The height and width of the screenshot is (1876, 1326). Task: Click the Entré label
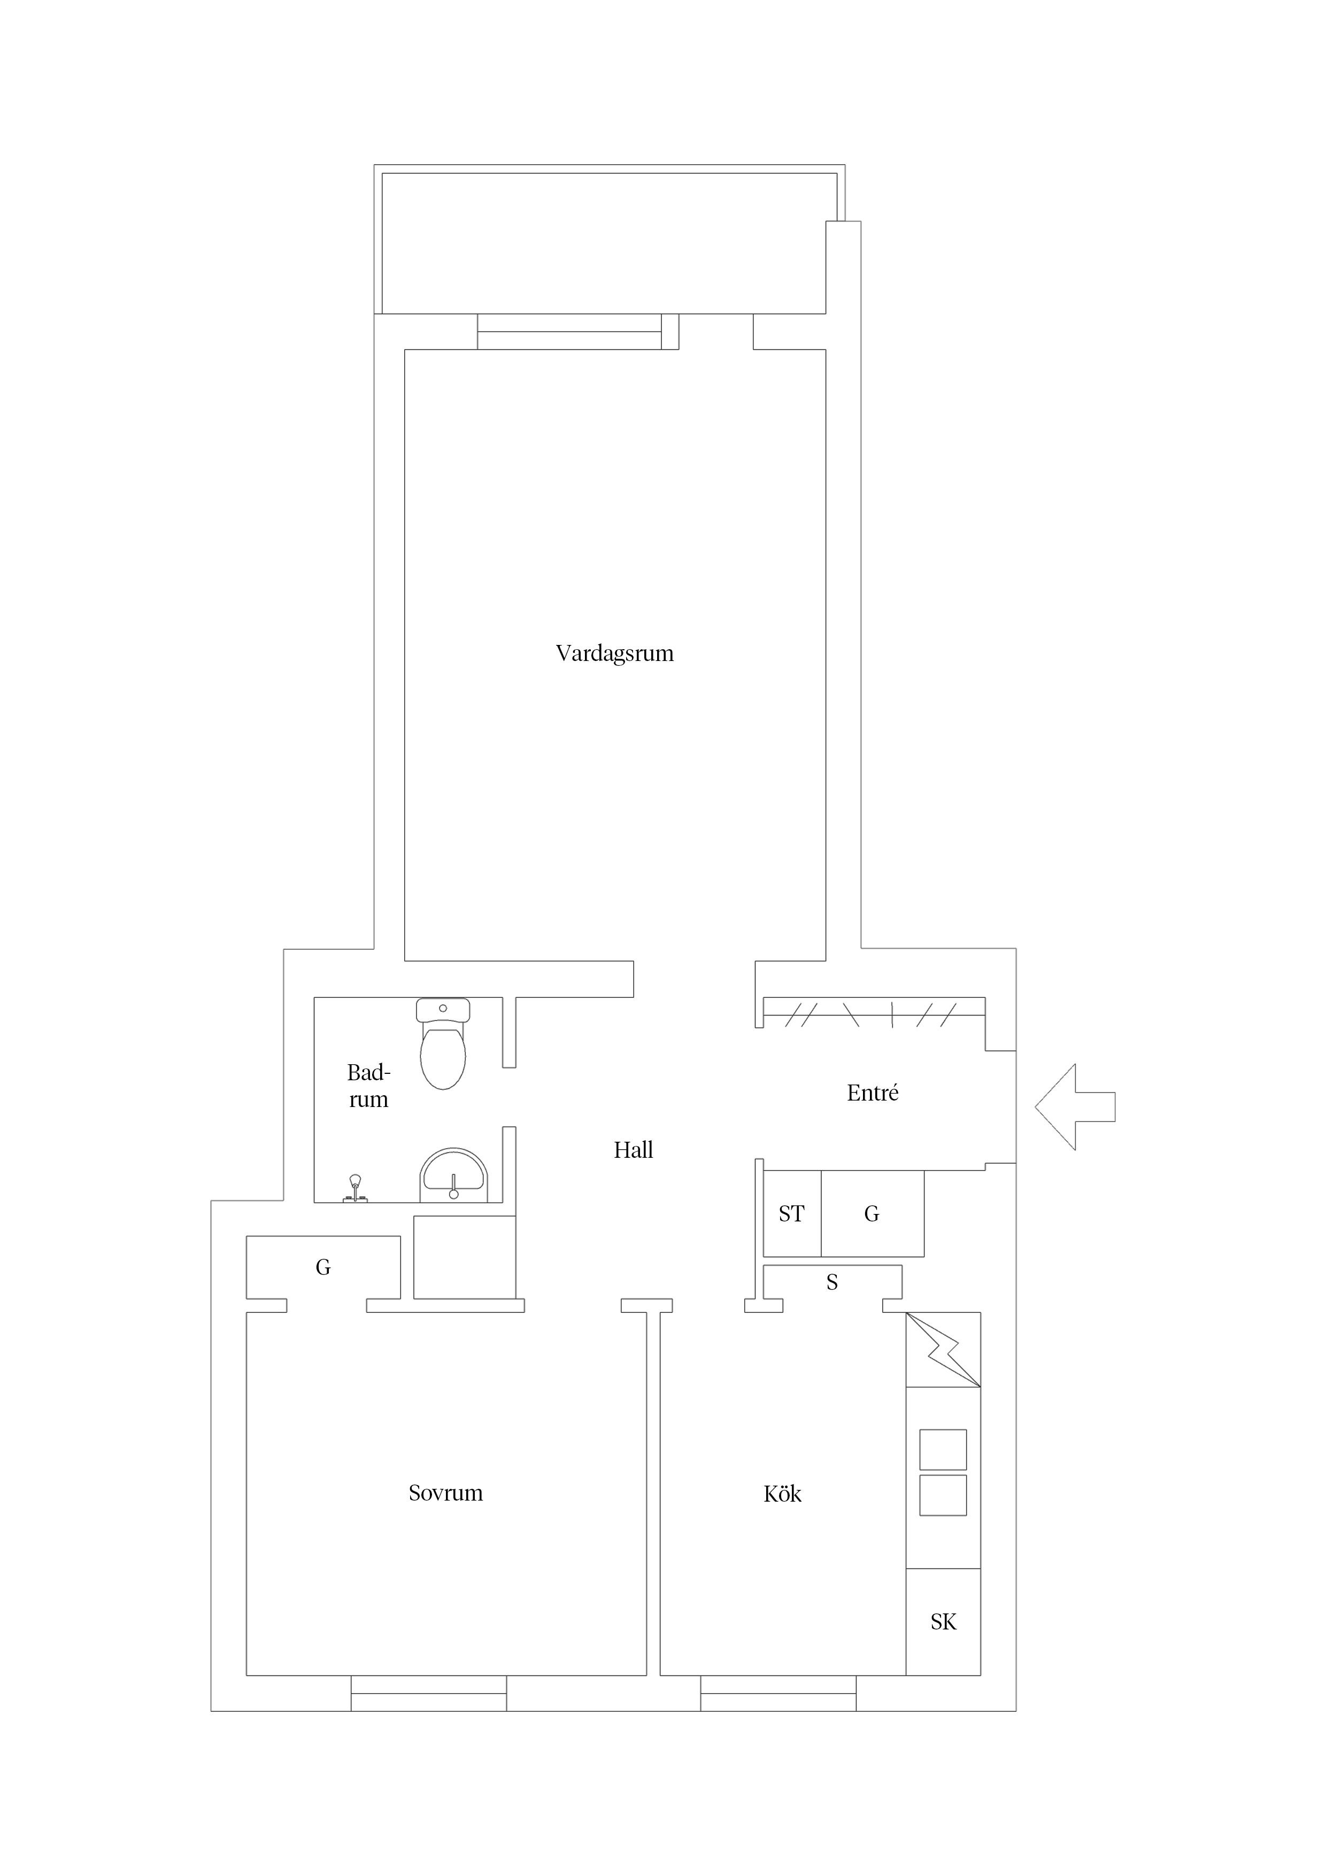click(x=873, y=1093)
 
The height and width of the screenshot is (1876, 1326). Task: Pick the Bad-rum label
click(x=368, y=1086)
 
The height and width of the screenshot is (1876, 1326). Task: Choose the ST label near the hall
click(x=791, y=1214)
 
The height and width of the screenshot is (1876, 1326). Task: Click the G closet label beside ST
click(x=872, y=1214)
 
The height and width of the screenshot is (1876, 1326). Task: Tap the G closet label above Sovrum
click(x=323, y=1267)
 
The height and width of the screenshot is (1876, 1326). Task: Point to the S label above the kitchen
click(x=832, y=1283)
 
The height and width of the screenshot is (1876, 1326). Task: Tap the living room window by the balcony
click(x=569, y=332)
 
